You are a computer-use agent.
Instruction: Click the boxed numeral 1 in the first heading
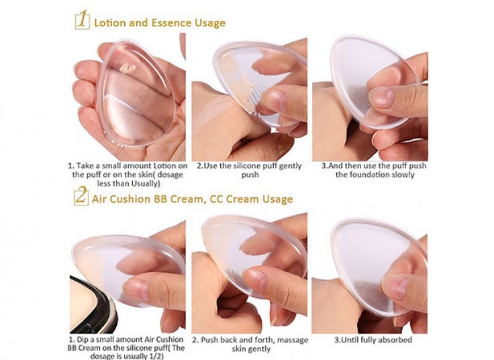(x=83, y=19)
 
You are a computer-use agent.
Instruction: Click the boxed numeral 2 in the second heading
(x=81, y=196)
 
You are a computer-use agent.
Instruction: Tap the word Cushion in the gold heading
(x=129, y=199)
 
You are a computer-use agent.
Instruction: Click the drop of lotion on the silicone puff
(x=128, y=68)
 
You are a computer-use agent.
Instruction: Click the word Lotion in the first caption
(x=164, y=166)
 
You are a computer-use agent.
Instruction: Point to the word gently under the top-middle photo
(x=290, y=166)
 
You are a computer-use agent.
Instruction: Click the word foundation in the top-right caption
(x=368, y=175)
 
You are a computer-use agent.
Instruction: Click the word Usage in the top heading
(x=210, y=23)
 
